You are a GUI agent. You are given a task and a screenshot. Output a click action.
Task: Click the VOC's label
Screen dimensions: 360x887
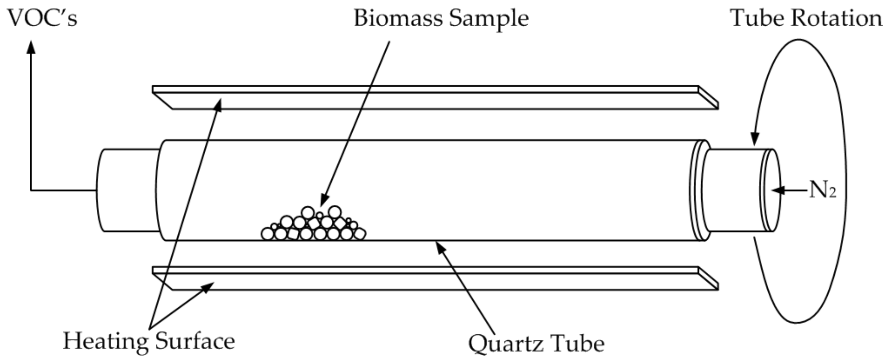point(42,19)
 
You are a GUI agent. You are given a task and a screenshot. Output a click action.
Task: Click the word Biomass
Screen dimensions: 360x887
point(398,19)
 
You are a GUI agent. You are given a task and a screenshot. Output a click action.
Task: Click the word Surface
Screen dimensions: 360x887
point(195,341)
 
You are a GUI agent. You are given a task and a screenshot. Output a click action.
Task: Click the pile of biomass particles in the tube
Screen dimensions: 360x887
point(313,226)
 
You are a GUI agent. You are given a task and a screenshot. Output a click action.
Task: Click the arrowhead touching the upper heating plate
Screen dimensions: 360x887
point(218,104)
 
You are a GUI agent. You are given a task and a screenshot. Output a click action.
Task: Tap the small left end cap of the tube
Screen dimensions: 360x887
point(127,190)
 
